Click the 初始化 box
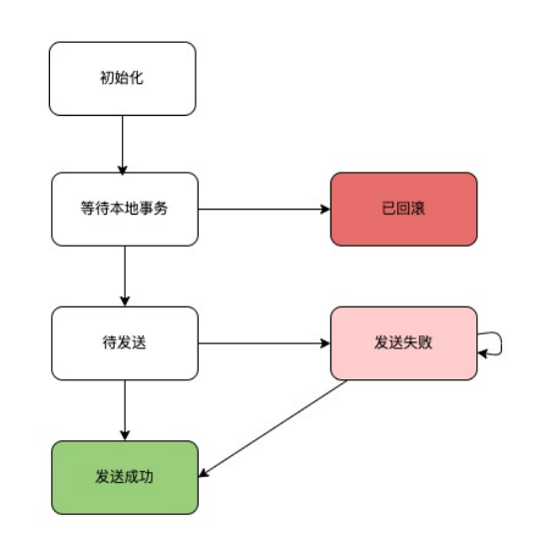(x=122, y=79)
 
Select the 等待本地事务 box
(x=125, y=210)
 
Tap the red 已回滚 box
(x=404, y=210)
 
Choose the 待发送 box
(x=125, y=343)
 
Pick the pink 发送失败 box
(x=404, y=343)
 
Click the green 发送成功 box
(x=125, y=477)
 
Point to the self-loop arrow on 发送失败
(x=501, y=343)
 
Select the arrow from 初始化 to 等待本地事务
(x=122, y=145)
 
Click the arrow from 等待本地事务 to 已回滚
(x=265, y=210)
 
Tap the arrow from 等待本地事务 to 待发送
(x=125, y=276)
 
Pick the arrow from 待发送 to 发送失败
(x=265, y=343)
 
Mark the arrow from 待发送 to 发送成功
(x=125, y=410)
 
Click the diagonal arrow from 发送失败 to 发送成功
(x=273, y=428)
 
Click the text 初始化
(x=122, y=78)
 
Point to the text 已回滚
(x=403, y=209)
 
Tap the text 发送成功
(x=124, y=477)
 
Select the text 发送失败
(x=403, y=342)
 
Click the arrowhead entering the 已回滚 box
(x=325, y=210)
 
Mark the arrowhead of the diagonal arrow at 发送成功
(x=204, y=474)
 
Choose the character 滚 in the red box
(x=418, y=209)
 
